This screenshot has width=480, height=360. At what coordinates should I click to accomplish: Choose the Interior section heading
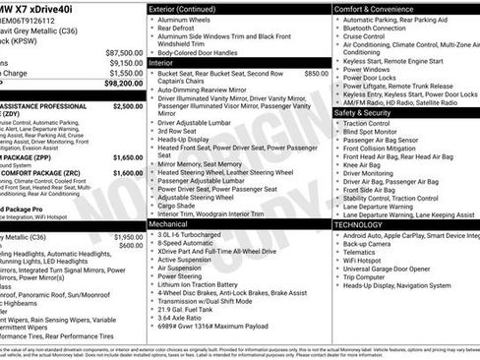[x=160, y=62]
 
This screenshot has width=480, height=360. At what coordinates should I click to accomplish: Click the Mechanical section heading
[x=168, y=224]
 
